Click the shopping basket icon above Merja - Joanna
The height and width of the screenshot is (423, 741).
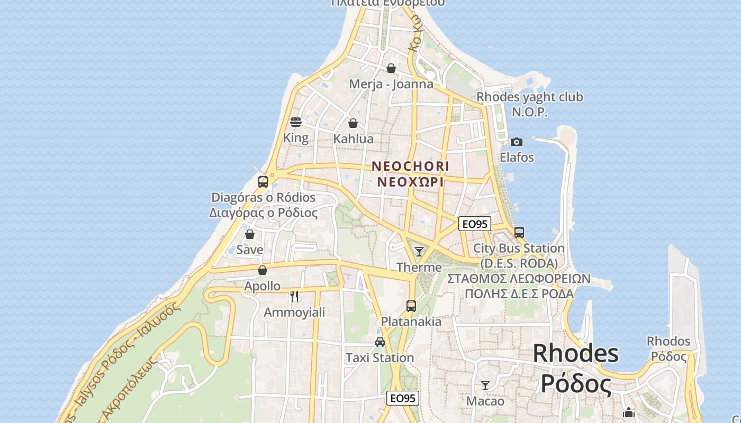391,68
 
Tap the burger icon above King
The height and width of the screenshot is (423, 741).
296,122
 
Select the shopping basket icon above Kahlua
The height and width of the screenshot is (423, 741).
353,123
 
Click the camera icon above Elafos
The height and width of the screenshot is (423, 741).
517,142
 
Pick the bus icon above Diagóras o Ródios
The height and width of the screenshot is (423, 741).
263,182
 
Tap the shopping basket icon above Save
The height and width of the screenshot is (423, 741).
250,234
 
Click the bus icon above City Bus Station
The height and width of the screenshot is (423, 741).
519,232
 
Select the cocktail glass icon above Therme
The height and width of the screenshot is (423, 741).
419,251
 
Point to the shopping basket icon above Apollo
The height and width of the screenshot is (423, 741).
263,270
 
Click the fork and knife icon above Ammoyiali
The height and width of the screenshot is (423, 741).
294,296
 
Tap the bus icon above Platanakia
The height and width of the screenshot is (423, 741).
411,306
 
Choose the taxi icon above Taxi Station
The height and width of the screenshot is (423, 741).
380,342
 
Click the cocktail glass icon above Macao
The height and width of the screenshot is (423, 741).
485,385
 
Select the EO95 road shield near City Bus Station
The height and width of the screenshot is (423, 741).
474,224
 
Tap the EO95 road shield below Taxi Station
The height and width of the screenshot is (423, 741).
403,398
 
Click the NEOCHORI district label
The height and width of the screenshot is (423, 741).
410,166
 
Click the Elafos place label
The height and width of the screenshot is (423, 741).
517,158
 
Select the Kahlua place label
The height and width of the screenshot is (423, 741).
354,139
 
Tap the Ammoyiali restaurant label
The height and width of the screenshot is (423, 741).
294,312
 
